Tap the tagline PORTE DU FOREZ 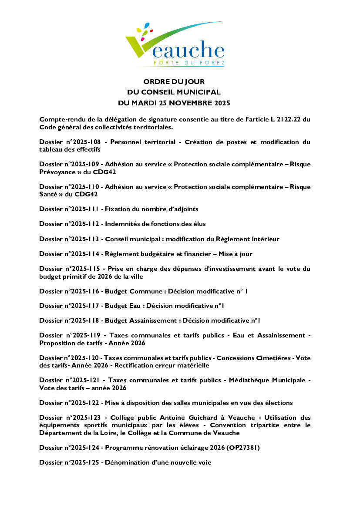189,64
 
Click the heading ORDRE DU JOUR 174,81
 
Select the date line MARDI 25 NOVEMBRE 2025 180,103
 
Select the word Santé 49,194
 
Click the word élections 279,403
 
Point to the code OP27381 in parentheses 242,447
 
